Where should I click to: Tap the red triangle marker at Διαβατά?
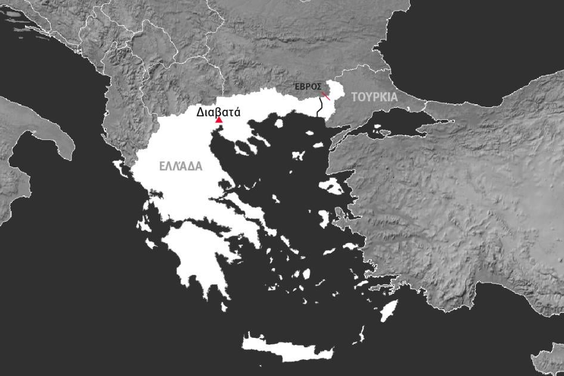[x=219, y=120]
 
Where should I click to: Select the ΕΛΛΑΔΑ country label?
[x=181, y=167]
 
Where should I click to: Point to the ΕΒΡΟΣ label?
[x=308, y=87]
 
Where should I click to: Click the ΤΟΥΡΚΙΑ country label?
[x=374, y=97]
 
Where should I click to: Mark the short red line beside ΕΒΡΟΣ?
[x=326, y=95]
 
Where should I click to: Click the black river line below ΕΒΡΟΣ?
[x=319, y=108]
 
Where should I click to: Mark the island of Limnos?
[x=298, y=155]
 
